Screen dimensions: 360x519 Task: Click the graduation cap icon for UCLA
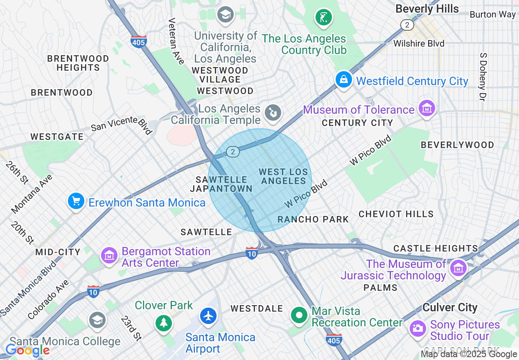click(x=225, y=16)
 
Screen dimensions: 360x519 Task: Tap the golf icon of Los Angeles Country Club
click(x=323, y=18)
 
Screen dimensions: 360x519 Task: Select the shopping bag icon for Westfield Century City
click(x=344, y=79)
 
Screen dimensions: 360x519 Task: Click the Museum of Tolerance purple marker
click(x=427, y=109)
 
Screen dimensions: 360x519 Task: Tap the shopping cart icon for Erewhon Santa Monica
click(x=76, y=202)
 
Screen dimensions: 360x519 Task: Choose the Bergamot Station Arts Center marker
click(x=109, y=256)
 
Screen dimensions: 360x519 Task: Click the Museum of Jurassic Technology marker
click(x=458, y=268)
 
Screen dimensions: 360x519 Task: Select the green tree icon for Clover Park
click(x=164, y=323)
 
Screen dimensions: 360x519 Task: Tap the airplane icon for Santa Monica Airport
click(x=209, y=316)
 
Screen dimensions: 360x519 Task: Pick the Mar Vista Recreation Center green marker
click(x=300, y=315)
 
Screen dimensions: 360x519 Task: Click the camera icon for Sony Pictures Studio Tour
click(x=418, y=328)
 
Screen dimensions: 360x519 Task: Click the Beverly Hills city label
click(x=427, y=9)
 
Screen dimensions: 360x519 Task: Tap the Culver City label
click(x=450, y=308)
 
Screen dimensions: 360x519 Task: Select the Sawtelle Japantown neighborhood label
click(x=221, y=184)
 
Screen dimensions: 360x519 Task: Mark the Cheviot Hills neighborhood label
click(x=396, y=214)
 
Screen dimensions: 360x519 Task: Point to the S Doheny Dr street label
click(x=483, y=77)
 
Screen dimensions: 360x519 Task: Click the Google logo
click(x=28, y=350)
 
